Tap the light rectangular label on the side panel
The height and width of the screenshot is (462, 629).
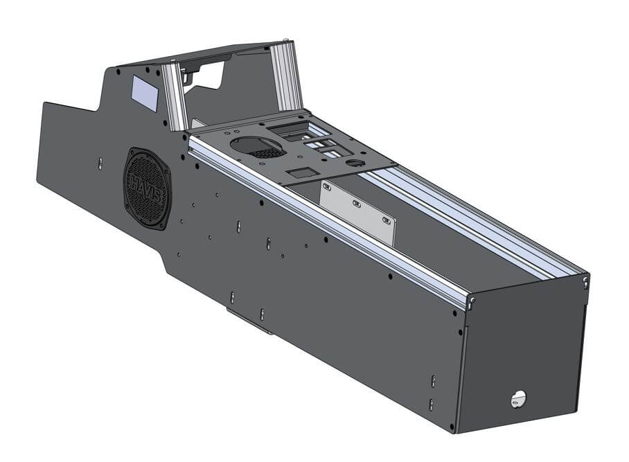tap(145, 93)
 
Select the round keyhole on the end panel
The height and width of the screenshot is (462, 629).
tap(518, 398)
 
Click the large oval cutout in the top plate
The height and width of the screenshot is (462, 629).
tap(256, 145)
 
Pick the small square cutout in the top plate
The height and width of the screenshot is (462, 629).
tap(299, 170)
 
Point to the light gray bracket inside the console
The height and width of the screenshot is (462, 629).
tap(357, 211)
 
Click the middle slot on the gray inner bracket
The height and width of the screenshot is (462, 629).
tap(356, 204)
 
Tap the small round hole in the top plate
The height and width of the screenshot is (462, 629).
tap(356, 163)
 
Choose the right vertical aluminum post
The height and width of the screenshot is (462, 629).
tap(287, 76)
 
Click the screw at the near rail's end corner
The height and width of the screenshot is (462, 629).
tap(471, 301)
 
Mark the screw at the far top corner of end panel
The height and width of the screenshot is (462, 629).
tap(585, 281)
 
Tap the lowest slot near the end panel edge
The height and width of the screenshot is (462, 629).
tap(431, 405)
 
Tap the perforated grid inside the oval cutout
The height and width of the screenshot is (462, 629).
tap(267, 152)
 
